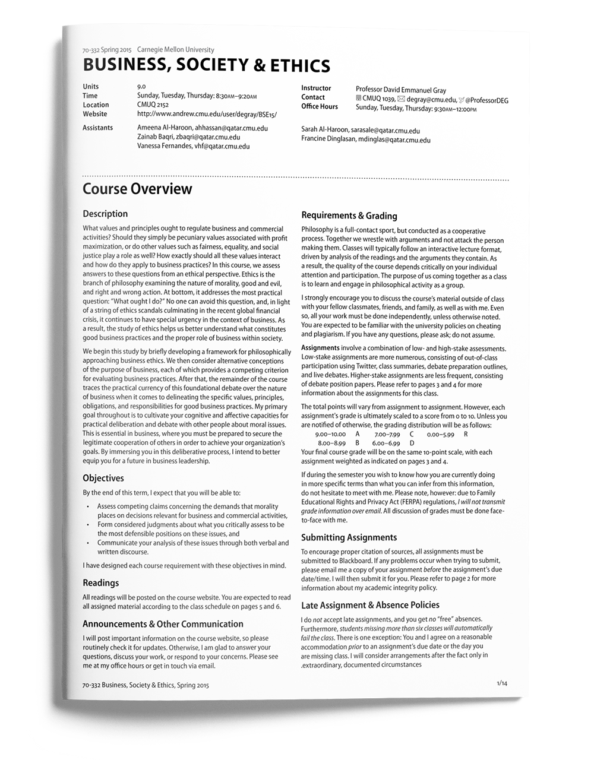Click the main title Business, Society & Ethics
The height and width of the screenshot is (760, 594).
[x=206, y=65]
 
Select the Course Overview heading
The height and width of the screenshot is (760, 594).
[x=137, y=189]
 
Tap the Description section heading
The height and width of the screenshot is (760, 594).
[x=105, y=214]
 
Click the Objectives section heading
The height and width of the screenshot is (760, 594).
[x=103, y=478]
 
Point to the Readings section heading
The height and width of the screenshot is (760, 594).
[x=101, y=583]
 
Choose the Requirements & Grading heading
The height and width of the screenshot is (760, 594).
[x=349, y=216]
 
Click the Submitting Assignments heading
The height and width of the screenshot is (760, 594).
[x=349, y=537]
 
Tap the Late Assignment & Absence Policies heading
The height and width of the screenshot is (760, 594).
[x=370, y=605]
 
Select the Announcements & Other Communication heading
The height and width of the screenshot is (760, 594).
[x=163, y=624]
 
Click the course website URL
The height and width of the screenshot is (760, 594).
[x=207, y=114]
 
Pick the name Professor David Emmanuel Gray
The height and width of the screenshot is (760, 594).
[x=401, y=90]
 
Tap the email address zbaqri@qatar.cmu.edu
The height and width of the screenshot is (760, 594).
[x=208, y=137]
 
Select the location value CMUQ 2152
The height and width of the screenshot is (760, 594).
[x=153, y=105]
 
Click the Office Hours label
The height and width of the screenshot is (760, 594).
[x=320, y=107]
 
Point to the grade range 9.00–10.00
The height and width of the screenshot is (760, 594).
[x=330, y=434]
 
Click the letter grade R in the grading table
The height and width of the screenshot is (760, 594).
[x=466, y=434]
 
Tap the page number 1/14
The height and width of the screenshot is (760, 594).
[x=502, y=683]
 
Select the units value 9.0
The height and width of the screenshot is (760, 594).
[x=141, y=87]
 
